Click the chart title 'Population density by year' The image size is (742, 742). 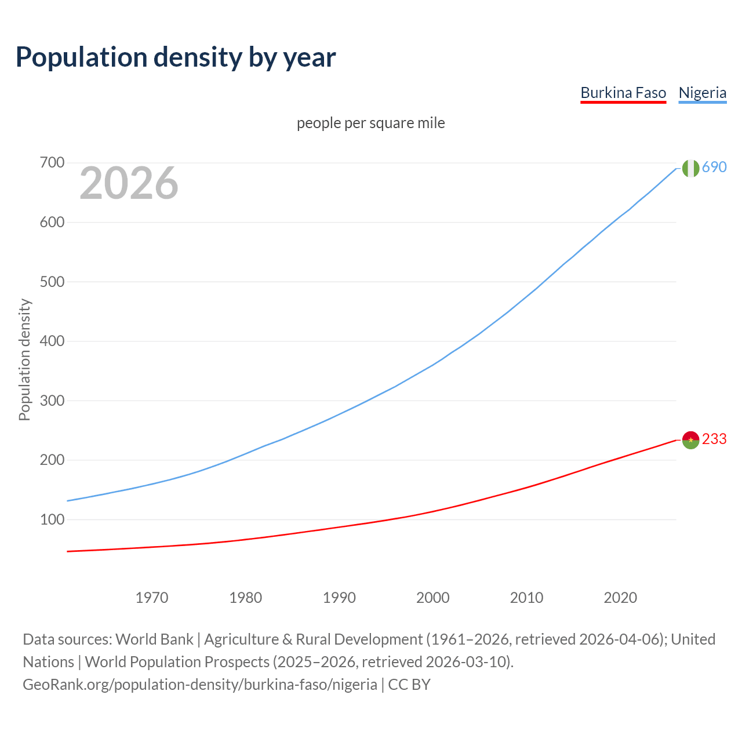tap(176, 57)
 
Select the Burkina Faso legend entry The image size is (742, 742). tap(623, 93)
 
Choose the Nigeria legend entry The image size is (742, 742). tap(702, 93)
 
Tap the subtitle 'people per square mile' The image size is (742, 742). tap(370, 123)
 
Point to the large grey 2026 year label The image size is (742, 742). tap(129, 183)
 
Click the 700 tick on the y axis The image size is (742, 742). tap(52, 162)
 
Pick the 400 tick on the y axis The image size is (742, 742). tap(52, 341)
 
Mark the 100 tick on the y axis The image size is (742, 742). tap(52, 519)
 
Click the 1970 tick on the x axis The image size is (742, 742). tap(152, 598)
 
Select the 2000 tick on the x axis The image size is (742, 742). tap(433, 598)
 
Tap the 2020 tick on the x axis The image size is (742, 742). tap(620, 598)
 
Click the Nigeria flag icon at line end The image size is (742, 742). tap(690, 168)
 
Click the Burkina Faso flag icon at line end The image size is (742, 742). tap(690, 440)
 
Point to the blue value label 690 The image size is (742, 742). tap(714, 167)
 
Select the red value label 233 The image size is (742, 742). tap(714, 439)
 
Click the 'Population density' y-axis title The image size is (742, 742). tap(24, 359)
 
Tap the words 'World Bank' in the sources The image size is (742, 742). tap(154, 639)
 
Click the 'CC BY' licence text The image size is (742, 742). tap(409, 685)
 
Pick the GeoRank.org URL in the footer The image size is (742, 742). tap(200, 685)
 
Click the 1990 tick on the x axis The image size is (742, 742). tap(339, 598)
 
